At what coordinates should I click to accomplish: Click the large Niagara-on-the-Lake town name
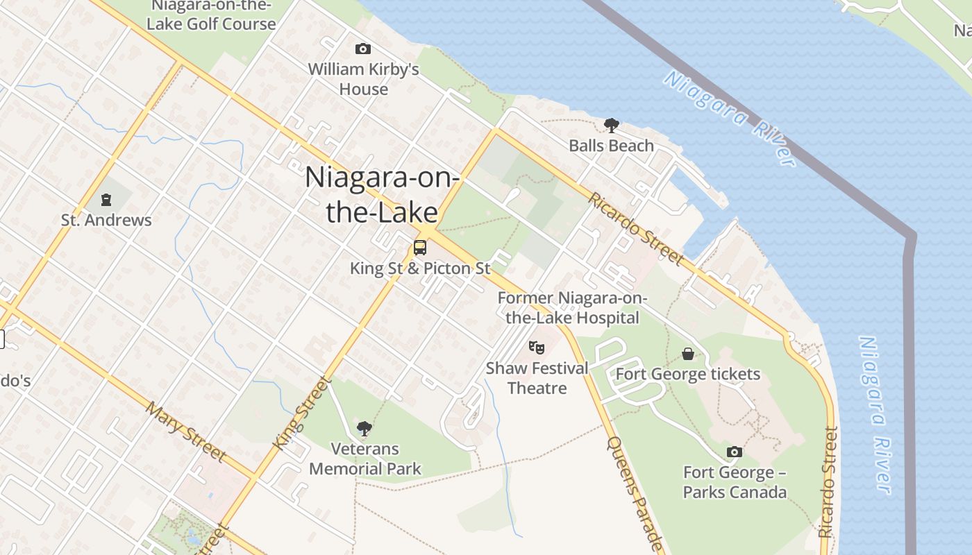click(x=382, y=195)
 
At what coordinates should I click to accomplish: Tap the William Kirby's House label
click(x=364, y=79)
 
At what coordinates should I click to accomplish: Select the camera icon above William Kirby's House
click(x=362, y=49)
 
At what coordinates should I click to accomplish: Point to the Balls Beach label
click(x=611, y=146)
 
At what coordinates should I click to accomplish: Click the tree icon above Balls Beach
click(x=611, y=126)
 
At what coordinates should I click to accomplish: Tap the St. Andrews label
click(x=106, y=221)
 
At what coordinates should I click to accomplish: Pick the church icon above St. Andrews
click(x=106, y=200)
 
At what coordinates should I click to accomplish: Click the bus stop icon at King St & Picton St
click(x=419, y=248)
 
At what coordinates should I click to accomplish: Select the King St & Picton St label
click(x=420, y=268)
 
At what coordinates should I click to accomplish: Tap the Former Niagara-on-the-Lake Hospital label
click(x=572, y=308)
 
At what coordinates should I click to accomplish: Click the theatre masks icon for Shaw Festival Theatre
click(x=536, y=347)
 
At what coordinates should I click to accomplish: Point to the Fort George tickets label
click(x=688, y=375)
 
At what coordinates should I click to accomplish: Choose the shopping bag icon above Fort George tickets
click(x=687, y=354)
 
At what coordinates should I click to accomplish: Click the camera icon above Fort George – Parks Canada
click(x=734, y=452)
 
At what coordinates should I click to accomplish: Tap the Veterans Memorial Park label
click(x=365, y=459)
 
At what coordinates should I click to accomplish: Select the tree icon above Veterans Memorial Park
click(x=364, y=428)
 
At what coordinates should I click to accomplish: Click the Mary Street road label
click(x=185, y=431)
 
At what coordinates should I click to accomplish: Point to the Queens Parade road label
click(x=635, y=493)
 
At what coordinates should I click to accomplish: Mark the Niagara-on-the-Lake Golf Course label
click(x=211, y=15)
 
